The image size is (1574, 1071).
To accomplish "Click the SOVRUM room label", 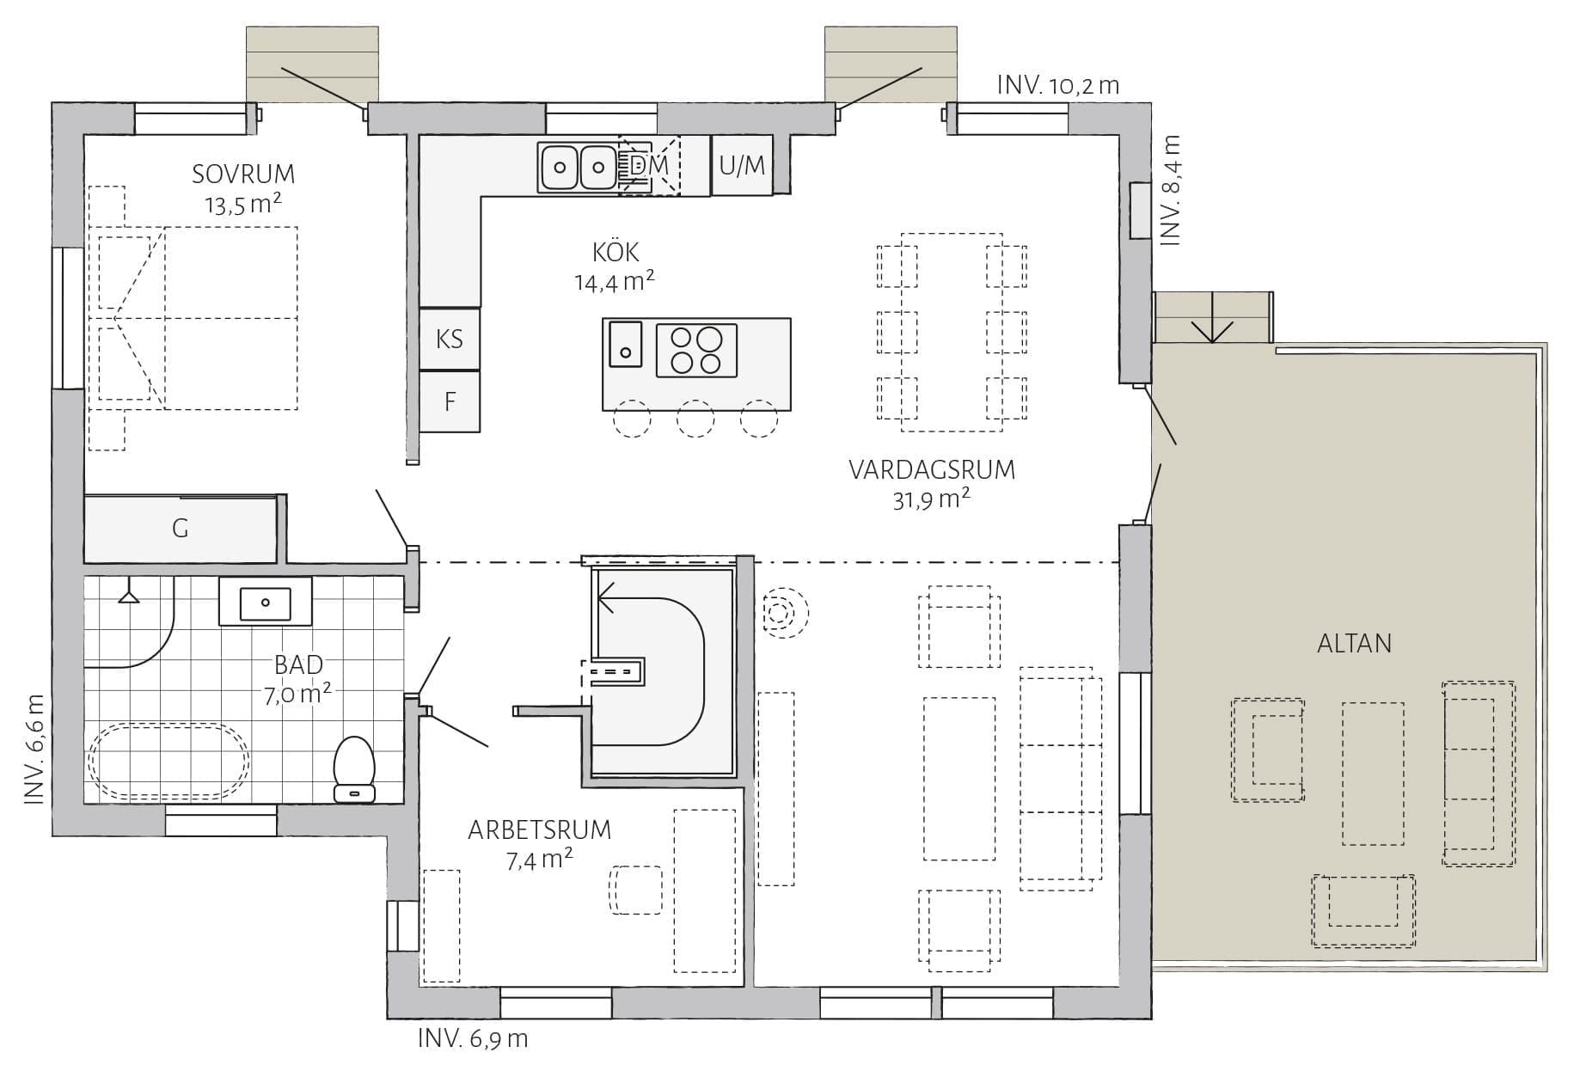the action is click(243, 174).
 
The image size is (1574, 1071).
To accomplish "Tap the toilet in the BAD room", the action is click(354, 768).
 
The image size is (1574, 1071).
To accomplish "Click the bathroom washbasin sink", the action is click(265, 603).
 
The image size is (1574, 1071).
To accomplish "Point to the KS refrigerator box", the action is click(450, 339).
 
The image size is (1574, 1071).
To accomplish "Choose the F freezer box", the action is click(450, 401).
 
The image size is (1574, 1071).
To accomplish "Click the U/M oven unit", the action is click(742, 165).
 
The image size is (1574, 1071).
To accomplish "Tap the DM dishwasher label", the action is click(649, 164).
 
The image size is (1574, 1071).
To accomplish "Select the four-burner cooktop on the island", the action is click(696, 351).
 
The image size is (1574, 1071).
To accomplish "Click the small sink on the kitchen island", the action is click(626, 344).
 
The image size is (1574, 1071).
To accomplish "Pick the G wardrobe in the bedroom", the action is click(180, 529).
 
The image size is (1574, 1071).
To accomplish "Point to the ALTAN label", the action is click(1354, 644).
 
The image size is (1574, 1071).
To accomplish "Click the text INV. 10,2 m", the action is click(1058, 85).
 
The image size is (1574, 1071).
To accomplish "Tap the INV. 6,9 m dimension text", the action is click(473, 1038).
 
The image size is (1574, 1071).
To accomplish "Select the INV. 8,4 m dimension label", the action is click(1171, 190).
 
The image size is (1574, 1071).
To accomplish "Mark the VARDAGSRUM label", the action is click(932, 470).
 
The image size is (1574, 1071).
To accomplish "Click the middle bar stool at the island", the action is click(695, 419).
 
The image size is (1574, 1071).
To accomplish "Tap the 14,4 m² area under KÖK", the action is click(615, 282).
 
